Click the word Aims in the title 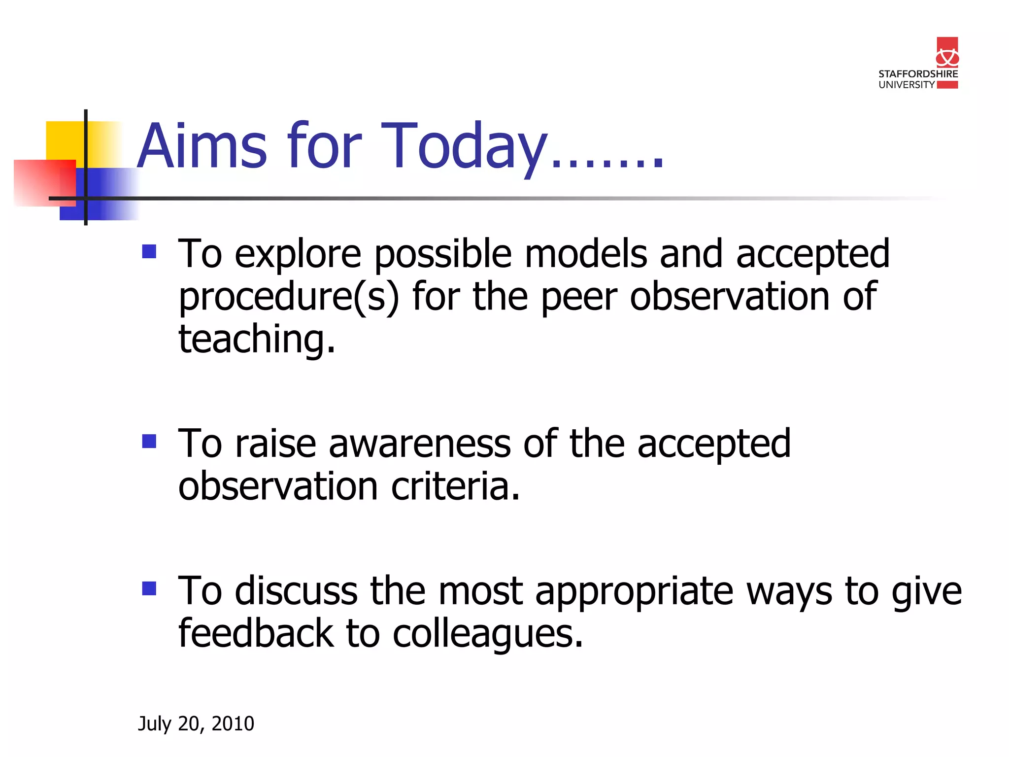tap(202, 146)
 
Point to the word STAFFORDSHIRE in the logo tap(918, 74)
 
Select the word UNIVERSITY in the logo tap(907, 85)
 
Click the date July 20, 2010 tap(196, 723)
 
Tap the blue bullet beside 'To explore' tap(149, 252)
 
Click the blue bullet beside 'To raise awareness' tap(149, 441)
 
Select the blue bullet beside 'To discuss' tap(149, 588)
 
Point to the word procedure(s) tap(289, 297)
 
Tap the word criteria tap(455, 486)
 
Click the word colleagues tap(488, 634)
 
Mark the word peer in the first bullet tap(579, 297)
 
